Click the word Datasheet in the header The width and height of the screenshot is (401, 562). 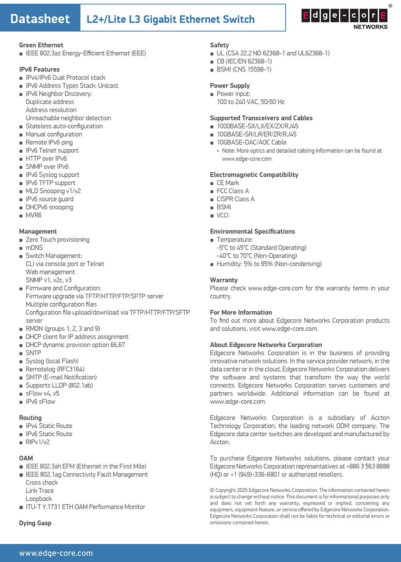click(40, 19)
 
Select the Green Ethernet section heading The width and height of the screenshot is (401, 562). click(41, 45)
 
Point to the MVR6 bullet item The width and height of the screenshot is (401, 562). click(34, 215)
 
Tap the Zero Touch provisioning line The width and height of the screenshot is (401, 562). click(57, 239)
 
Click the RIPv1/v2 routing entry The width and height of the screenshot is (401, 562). click(38, 442)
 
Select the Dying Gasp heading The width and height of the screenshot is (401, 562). click(35, 523)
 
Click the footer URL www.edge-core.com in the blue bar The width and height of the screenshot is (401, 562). click(56, 553)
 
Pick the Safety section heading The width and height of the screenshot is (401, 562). click(219, 45)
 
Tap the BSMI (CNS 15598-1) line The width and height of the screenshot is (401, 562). click(244, 69)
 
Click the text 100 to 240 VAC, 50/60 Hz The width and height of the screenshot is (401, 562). click(251, 102)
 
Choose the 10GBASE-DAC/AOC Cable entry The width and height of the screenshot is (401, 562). click(251, 142)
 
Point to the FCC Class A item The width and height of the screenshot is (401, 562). click(233, 191)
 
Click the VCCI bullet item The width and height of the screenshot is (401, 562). click(223, 215)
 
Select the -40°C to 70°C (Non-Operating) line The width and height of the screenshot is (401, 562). click(257, 256)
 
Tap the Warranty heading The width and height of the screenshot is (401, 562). click(224, 280)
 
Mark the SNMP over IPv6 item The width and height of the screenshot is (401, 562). click(47, 167)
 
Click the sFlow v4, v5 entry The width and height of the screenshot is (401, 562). click(43, 393)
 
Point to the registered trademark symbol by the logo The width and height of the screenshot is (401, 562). click(390, 6)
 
